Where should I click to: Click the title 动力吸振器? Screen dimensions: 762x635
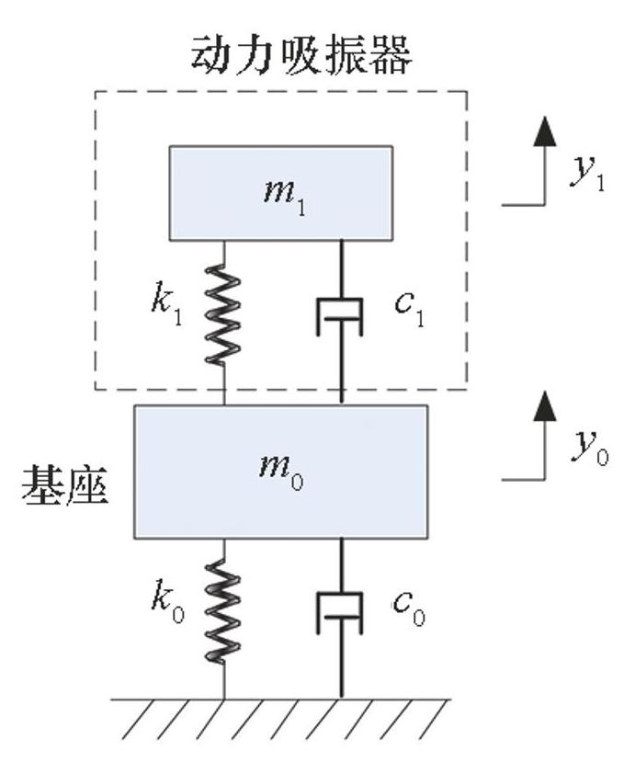300,55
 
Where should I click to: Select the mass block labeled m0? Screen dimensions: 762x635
280,471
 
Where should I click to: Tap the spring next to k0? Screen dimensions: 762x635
223,611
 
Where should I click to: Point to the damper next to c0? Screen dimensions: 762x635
342,611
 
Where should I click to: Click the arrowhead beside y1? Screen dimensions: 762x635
546,131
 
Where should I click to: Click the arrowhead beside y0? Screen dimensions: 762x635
546,404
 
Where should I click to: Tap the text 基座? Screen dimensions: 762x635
64,488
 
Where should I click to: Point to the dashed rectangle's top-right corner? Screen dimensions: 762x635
467,91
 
